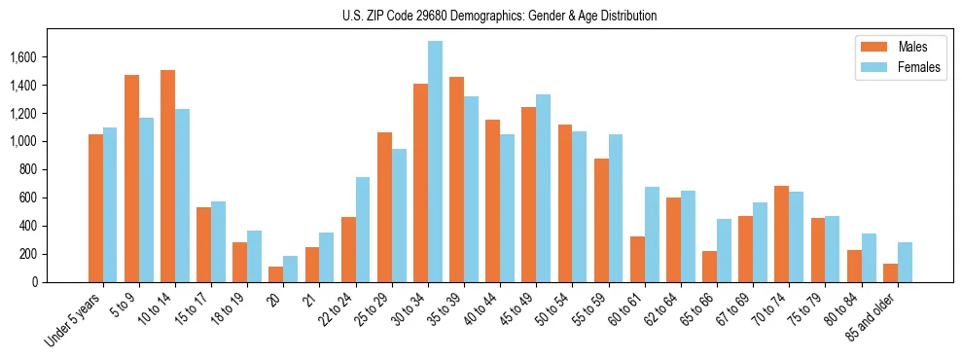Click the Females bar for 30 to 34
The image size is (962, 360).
[435, 162]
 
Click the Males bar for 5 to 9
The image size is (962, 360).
[131, 178]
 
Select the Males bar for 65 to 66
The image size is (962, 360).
[709, 267]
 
